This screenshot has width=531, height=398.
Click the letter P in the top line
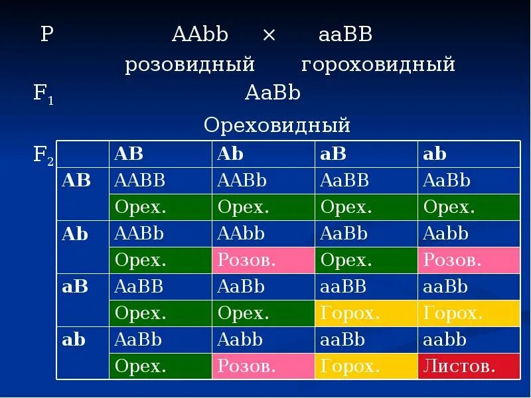[46, 35]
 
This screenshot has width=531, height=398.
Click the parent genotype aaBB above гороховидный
[345, 35]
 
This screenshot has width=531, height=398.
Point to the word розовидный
[190, 65]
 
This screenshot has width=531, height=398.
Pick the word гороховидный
[378, 65]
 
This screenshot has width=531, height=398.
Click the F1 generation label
[44, 94]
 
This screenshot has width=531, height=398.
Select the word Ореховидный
[277, 125]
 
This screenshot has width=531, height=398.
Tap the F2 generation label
[44, 156]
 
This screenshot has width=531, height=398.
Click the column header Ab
[230, 154]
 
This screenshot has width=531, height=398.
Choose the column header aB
[333, 154]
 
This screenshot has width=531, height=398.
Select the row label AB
[76, 180]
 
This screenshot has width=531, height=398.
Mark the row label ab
[74, 340]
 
